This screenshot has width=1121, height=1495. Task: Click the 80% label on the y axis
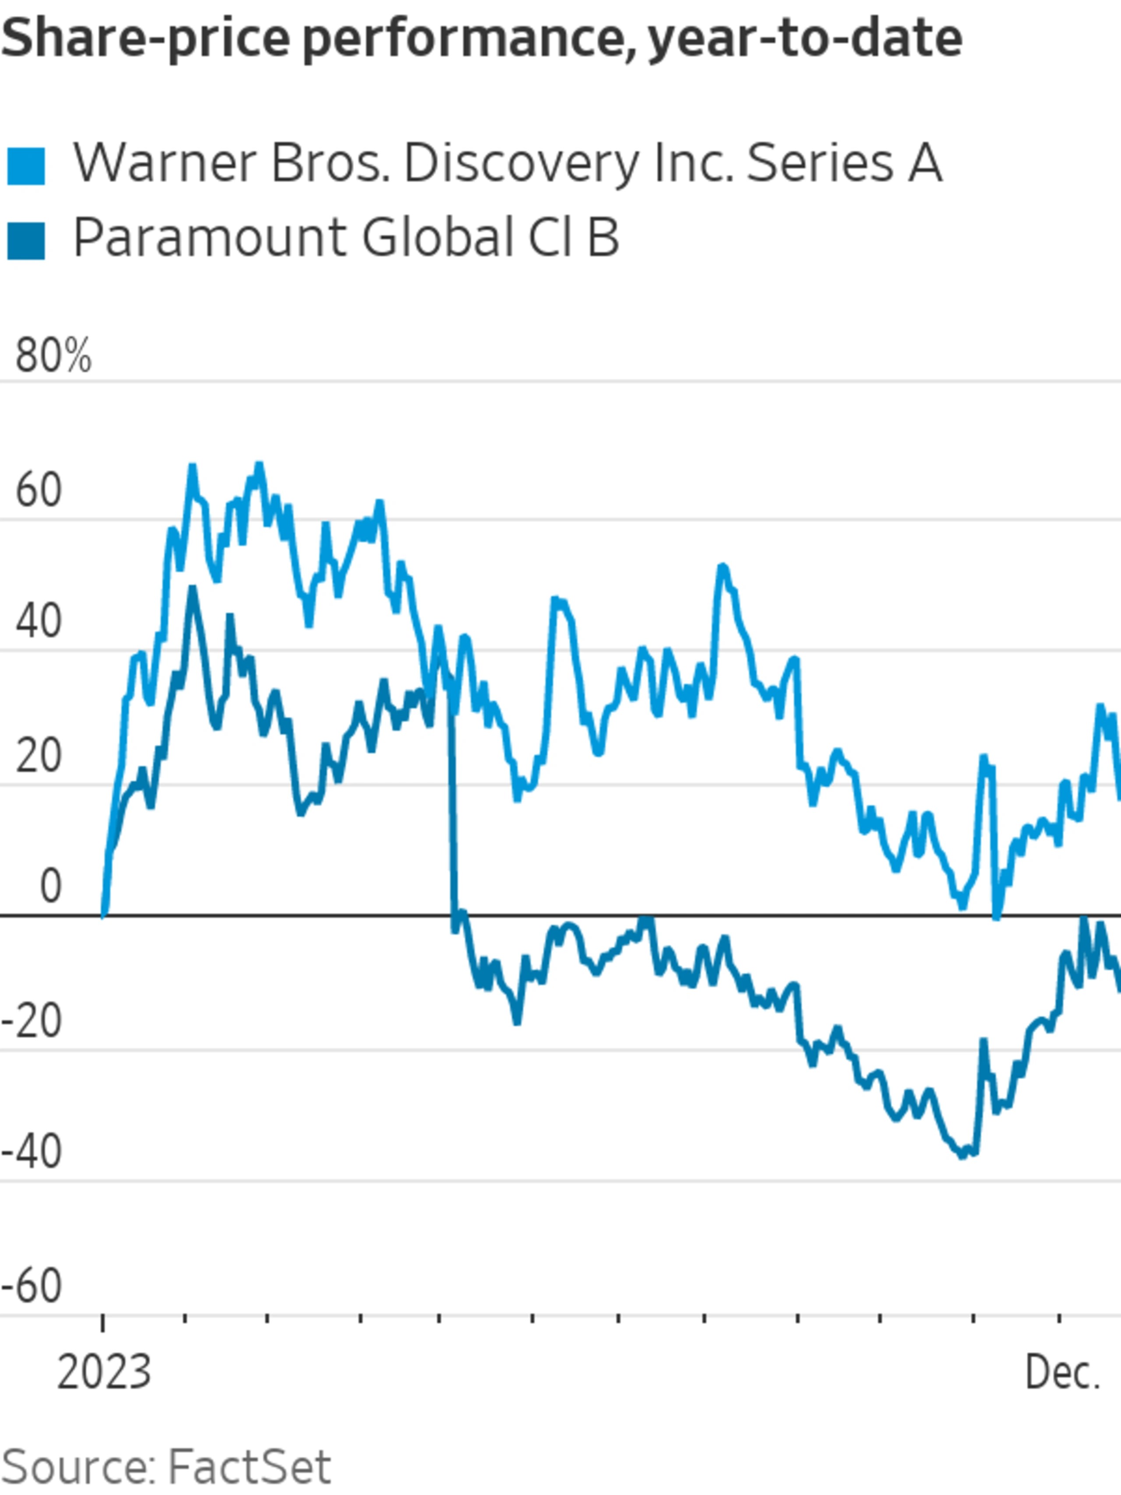click(x=53, y=356)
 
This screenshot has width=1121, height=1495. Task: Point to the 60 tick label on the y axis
click(x=39, y=490)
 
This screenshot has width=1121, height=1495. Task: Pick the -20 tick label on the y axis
click(x=32, y=1021)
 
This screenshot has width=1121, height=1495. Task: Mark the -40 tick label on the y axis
click(x=32, y=1152)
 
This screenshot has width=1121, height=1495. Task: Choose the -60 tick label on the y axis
click(x=32, y=1286)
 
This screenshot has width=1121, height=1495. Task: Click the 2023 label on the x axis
click(x=104, y=1373)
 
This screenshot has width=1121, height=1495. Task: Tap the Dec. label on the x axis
click(x=1063, y=1373)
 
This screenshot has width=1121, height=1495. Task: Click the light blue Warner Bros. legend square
click(x=26, y=166)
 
